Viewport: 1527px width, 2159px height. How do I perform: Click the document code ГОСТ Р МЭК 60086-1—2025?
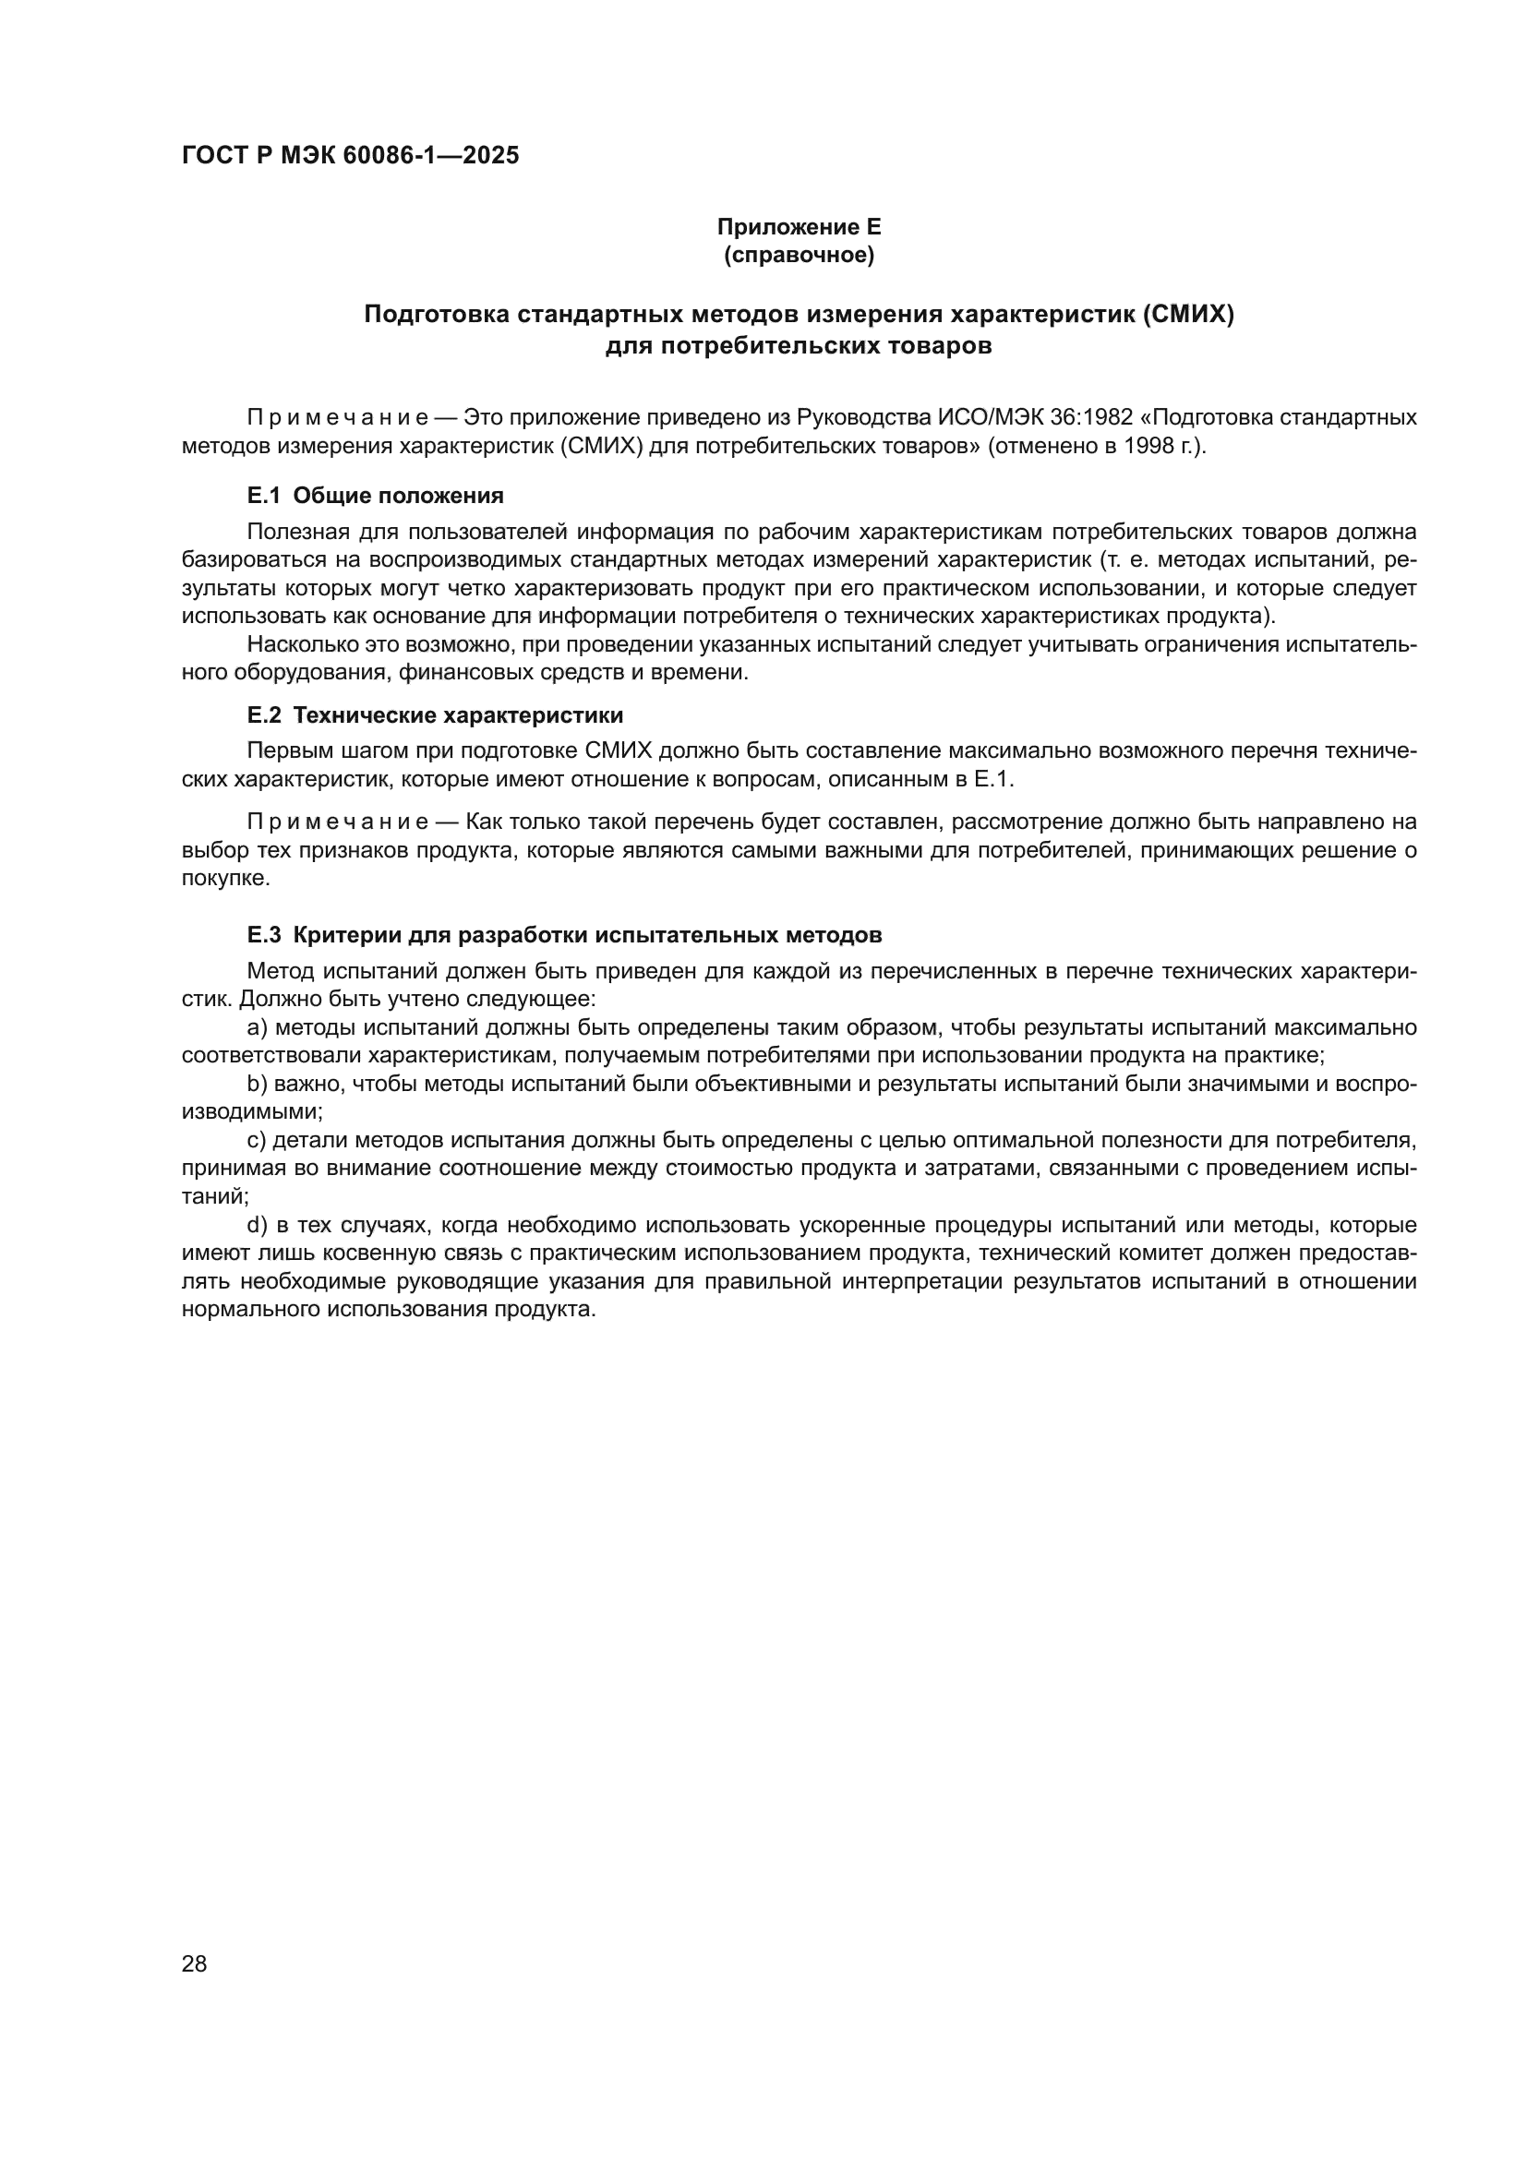350,156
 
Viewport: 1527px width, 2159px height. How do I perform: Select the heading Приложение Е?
799,227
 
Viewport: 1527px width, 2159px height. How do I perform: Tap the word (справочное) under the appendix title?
799,255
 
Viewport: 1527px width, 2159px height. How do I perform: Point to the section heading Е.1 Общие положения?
375,496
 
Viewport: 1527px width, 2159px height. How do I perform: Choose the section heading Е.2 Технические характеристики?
435,715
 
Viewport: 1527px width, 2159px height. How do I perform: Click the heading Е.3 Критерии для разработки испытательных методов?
564,935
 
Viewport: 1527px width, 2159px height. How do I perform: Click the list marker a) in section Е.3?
257,1027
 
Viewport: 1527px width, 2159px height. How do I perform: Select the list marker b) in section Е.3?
257,1085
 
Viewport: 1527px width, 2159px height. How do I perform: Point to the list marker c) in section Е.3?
257,1141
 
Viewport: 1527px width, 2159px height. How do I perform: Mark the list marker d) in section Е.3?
257,1225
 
